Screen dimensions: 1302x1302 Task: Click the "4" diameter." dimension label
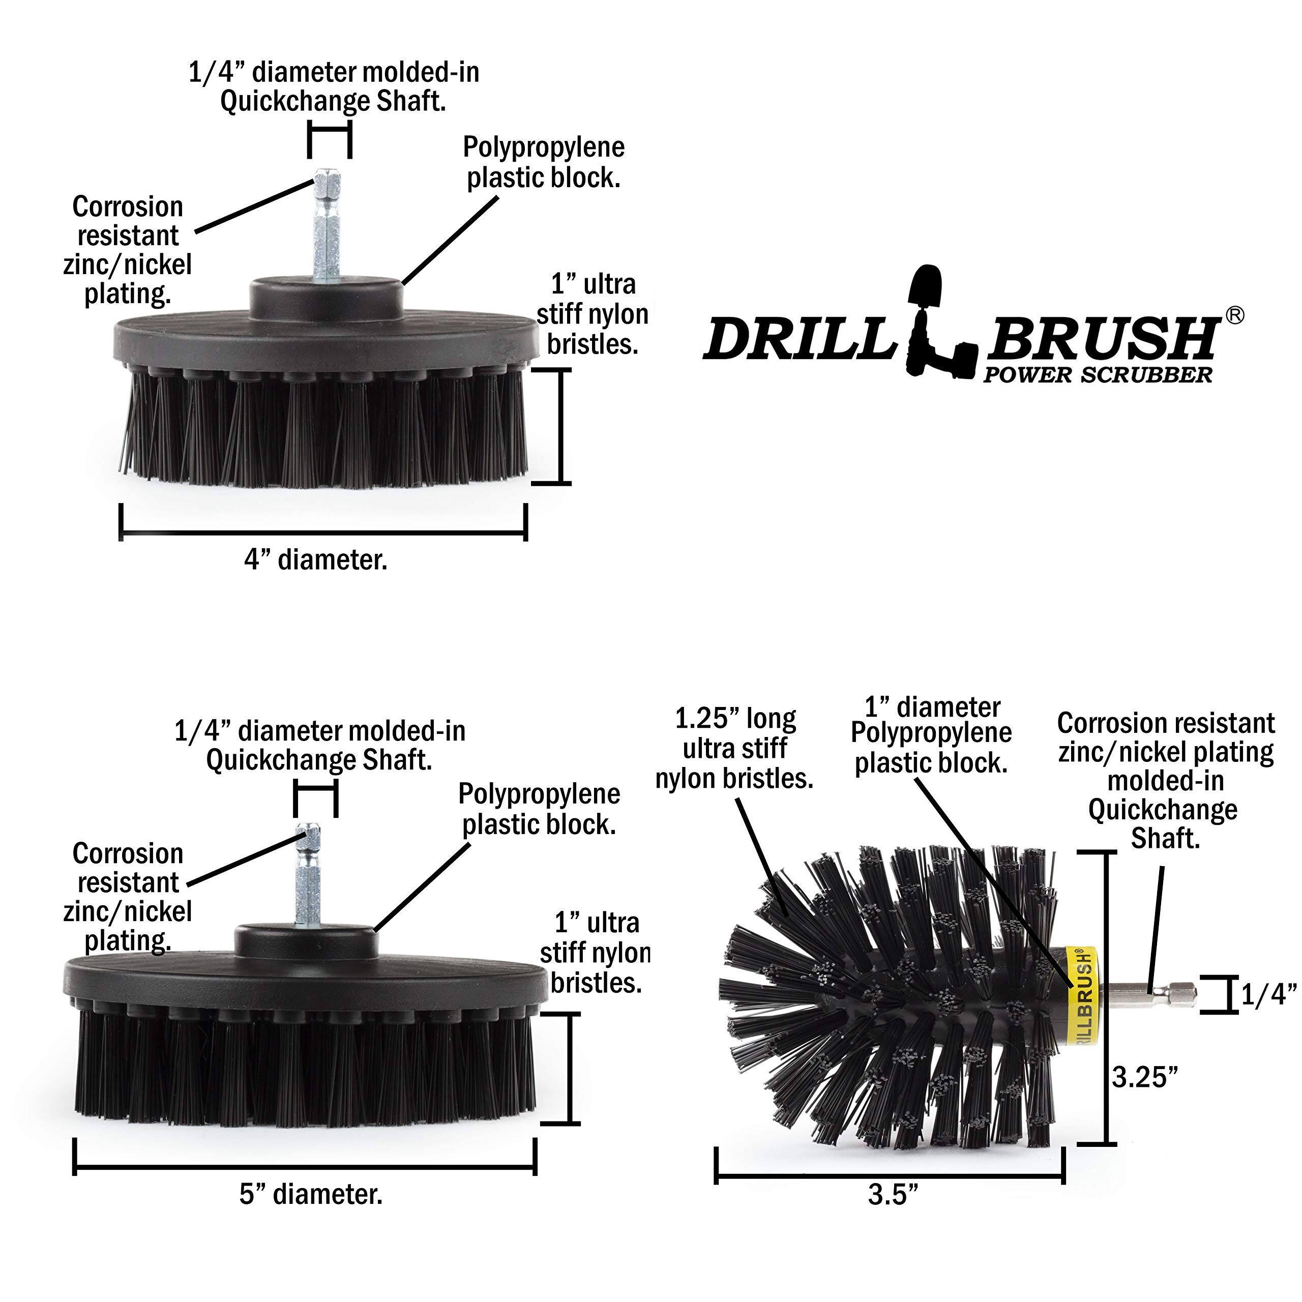[315, 560]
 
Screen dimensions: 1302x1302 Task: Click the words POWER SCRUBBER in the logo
[1097, 375]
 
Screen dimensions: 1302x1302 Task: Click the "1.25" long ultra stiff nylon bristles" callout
[734, 749]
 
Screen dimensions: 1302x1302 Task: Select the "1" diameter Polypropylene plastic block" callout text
[931, 735]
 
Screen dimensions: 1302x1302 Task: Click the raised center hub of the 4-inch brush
[326, 297]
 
